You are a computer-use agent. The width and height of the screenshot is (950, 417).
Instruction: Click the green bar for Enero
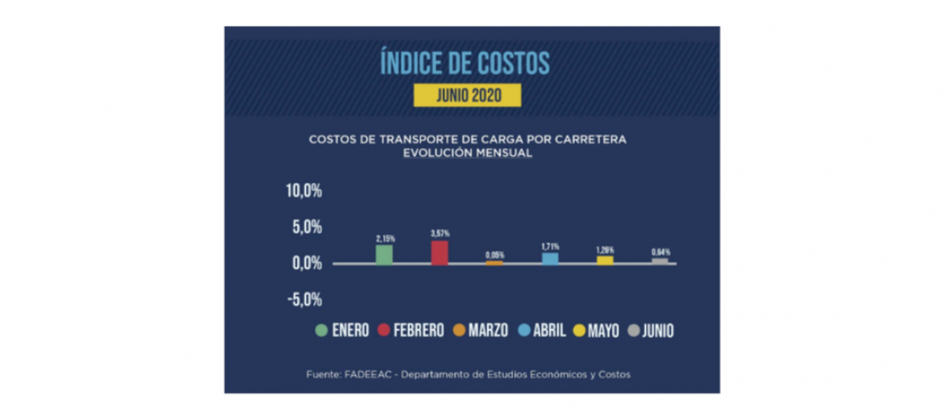coord(384,254)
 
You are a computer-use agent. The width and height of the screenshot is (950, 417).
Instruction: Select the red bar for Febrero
coord(439,252)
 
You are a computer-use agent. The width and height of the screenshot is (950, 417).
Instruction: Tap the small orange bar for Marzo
coord(495,263)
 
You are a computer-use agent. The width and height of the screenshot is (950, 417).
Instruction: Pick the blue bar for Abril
coord(550,259)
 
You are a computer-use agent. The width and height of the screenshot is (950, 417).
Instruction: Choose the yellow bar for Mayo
coord(605,260)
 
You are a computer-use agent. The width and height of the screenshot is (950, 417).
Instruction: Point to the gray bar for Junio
coord(660,261)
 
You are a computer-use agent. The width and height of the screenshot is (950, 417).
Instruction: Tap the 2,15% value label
coord(384,239)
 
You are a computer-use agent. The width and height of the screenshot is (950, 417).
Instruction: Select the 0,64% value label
coord(660,252)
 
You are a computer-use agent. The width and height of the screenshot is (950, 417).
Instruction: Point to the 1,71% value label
coord(550,247)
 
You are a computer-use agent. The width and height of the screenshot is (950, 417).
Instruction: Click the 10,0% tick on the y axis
coord(304,191)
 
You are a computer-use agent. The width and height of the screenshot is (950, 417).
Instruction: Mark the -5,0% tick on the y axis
coord(304,299)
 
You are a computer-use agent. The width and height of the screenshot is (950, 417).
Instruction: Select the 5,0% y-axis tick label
coord(307,227)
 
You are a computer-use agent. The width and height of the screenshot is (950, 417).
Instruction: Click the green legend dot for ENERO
coord(320,331)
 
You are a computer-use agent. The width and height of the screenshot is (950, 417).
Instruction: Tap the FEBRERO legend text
coord(418,331)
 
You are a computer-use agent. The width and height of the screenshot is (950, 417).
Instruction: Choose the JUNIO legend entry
coord(649,331)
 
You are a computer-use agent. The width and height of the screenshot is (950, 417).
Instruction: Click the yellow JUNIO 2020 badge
coord(467,95)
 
